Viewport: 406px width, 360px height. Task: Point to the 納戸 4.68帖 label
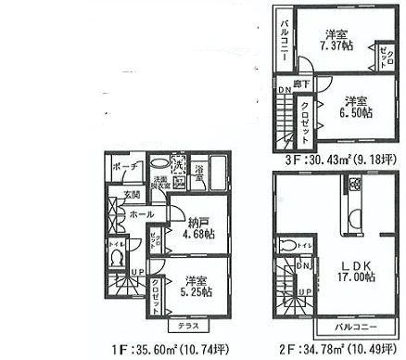tap(197, 228)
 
